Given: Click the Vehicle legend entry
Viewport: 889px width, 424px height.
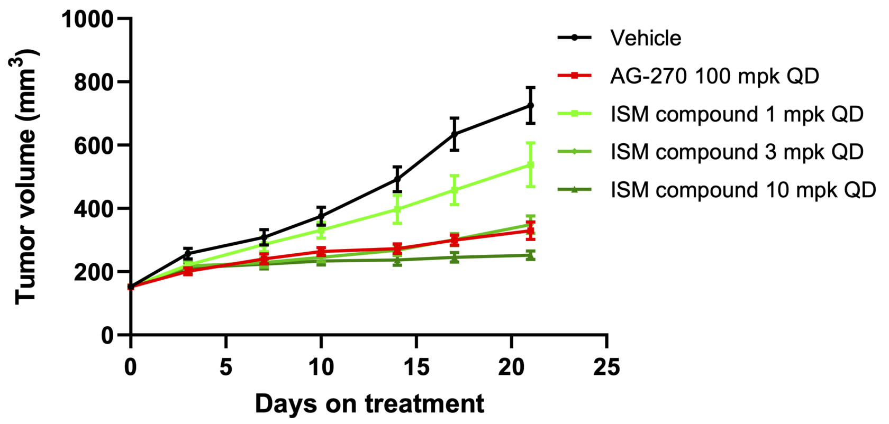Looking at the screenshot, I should click(x=646, y=38).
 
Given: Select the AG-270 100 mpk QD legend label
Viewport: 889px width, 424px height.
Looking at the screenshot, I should click(x=714, y=76).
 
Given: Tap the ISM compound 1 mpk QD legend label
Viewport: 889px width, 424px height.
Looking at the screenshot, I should click(x=737, y=114).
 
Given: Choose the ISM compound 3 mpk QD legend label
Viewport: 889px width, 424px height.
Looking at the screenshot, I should click(x=737, y=152).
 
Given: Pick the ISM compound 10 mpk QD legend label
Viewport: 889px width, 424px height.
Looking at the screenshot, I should click(x=743, y=190).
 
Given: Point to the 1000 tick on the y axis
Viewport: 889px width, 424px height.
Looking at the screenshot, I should click(x=88, y=19).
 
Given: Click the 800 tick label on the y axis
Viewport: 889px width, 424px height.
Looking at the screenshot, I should click(x=94, y=82).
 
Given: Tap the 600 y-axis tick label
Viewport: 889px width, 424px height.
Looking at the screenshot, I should click(x=94, y=145).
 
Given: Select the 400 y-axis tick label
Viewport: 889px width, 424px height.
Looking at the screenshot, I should click(x=94, y=209).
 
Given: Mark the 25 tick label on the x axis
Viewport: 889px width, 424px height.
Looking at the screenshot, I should click(x=606, y=366).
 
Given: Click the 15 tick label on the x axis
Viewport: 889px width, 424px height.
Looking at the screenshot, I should click(x=416, y=366).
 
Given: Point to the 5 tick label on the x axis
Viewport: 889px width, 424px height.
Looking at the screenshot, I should click(x=226, y=366).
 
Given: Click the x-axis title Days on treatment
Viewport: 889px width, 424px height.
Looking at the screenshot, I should click(x=369, y=404).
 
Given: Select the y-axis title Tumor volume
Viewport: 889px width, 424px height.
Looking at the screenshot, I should click(x=25, y=177).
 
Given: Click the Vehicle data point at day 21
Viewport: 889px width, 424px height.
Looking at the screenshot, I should click(x=531, y=105).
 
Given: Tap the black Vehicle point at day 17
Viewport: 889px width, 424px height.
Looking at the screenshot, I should click(x=455, y=134).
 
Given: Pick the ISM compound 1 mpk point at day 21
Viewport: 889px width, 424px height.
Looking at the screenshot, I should click(x=531, y=165).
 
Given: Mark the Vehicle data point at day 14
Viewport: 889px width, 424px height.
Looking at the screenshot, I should click(x=397, y=179).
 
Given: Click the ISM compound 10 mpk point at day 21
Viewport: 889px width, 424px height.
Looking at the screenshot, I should click(x=531, y=255).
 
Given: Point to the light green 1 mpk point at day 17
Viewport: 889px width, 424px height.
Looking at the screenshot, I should click(x=455, y=190).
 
